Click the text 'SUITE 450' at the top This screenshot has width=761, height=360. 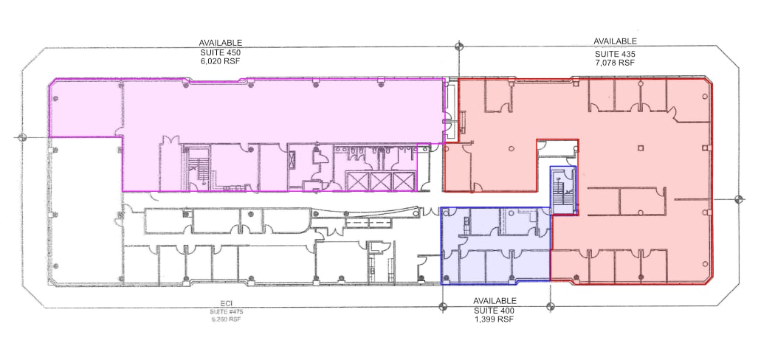(x=220, y=53)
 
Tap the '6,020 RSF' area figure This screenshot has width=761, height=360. (x=220, y=63)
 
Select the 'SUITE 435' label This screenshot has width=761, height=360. (x=615, y=54)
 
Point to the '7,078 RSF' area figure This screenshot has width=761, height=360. (x=615, y=63)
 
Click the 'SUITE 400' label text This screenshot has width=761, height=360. (x=494, y=311)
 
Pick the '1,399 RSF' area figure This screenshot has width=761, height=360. (x=494, y=320)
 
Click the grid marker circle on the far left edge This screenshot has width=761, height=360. (x=22, y=137)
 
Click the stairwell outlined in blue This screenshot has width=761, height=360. (x=564, y=190)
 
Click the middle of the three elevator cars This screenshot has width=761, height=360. (x=381, y=181)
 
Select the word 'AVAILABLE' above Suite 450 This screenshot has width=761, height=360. (x=220, y=43)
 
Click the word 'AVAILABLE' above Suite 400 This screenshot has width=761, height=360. (x=494, y=301)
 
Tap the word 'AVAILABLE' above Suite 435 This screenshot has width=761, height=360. (x=615, y=42)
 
